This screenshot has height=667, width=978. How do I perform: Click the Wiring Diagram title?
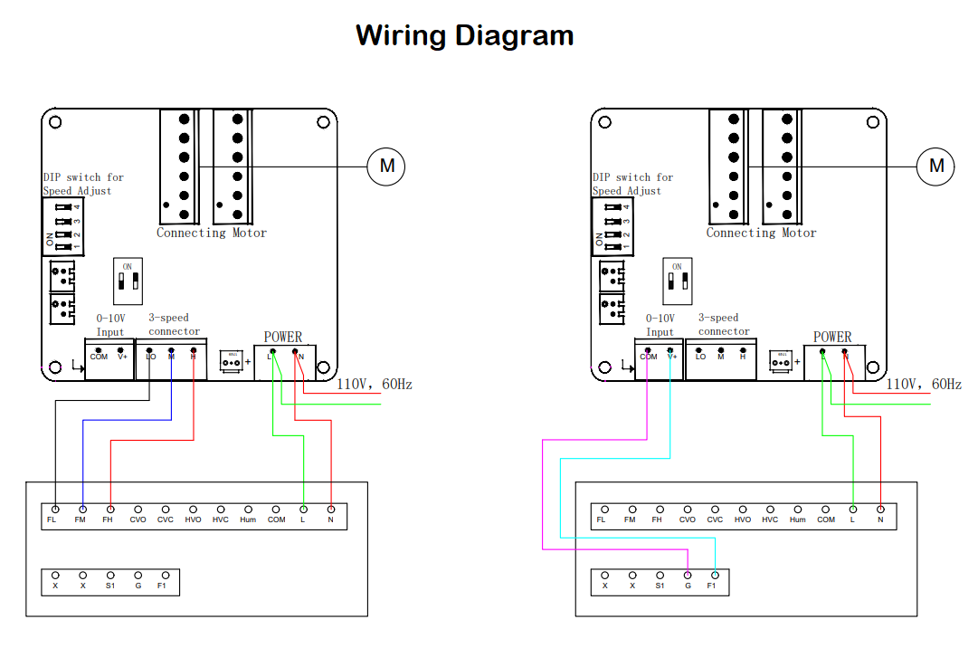[x=464, y=35]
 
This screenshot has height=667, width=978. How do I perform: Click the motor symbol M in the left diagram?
[x=386, y=166]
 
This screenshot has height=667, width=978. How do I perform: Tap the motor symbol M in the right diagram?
[x=936, y=166]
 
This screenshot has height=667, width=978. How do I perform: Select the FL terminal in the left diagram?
[x=55, y=510]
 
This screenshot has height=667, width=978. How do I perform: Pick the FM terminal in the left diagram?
[x=82, y=510]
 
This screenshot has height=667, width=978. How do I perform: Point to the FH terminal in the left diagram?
[x=110, y=510]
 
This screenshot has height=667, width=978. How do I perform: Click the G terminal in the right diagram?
[x=688, y=575]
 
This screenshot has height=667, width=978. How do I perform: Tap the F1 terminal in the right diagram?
[x=715, y=575]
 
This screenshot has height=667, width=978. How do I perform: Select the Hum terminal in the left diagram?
[x=248, y=510]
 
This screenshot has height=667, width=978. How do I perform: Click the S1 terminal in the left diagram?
[x=110, y=575]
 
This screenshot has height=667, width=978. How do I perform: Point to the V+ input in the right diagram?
[x=670, y=350]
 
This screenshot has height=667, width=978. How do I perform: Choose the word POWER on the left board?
[x=283, y=337]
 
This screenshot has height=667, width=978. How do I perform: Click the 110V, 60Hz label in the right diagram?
[x=924, y=385]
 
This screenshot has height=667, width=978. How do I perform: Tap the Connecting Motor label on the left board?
[x=212, y=233]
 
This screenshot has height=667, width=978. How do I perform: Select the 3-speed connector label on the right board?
[x=724, y=324]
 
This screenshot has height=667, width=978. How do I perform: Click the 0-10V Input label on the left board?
[x=110, y=325]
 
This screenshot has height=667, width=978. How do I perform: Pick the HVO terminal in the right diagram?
[x=743, y=510]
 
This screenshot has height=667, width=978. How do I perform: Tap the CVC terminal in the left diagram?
[x=166, y=510]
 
